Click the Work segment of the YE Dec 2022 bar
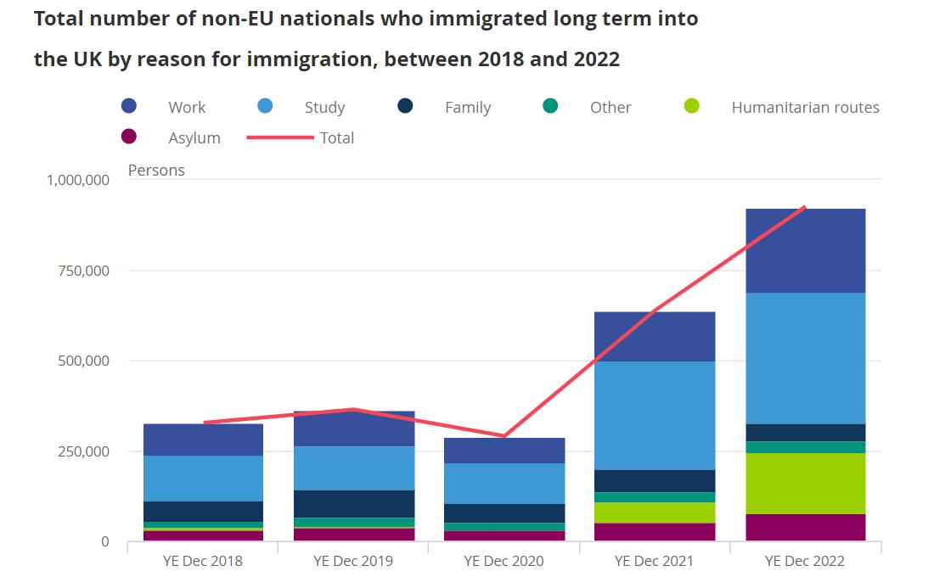[805, 250]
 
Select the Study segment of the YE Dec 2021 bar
[654, 415]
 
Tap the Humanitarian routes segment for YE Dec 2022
[805, 483]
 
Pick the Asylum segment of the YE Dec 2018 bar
[203, 535]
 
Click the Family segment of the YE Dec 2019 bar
[353, 503]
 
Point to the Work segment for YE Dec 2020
[504, 450]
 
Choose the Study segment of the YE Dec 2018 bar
[203, 478]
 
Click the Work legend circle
[129, 106]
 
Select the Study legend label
[324, 107]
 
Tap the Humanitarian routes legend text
[805, 107]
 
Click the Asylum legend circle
[129, 137]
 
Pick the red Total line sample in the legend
[280, 137]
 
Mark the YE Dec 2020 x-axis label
[504, 561]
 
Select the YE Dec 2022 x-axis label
[805, 561]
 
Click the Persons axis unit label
[156, 170]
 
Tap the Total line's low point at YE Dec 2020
[504, 436]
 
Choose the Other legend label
[610, 107]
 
